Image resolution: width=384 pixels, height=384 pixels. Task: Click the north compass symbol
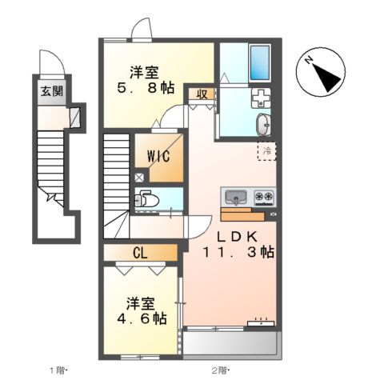(x=322, y=74)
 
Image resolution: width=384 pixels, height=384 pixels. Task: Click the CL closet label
(x=140, y=254)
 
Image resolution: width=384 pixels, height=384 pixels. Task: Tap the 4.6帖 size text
(x=139, y=318)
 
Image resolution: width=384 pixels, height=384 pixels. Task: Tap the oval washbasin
(x=263, y=125)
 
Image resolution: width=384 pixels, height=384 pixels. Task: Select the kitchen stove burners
(x=264, y=197)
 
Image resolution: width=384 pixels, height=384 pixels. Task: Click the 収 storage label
(x=202, y=94)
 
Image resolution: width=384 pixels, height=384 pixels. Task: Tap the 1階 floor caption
(x=58, y=370)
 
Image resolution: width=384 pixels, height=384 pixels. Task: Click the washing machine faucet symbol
(x=261, y=100)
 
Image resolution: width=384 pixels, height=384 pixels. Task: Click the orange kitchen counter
(x=242, y=214)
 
